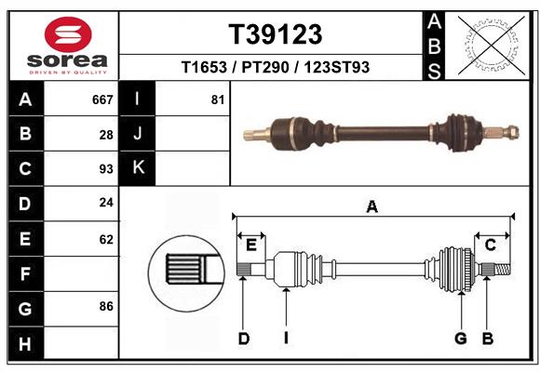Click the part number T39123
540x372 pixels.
pos(276,34)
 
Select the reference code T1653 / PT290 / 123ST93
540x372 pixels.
pos(276,67)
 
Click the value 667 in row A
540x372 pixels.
pos(102,100)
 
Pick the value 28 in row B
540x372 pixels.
pos(106,135)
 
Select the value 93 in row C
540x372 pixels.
pos(106,169)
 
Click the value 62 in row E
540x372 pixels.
pos(106,239)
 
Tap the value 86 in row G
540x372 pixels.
pos(106,305)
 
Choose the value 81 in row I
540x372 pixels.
pos(218,100)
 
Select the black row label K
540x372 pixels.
pos(138,168)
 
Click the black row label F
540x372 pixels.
pos(25,274)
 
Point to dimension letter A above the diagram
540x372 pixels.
pos(372,207)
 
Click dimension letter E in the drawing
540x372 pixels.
pos(251,245)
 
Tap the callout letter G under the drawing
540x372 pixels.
pos(460,339)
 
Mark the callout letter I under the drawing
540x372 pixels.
pos(287,339)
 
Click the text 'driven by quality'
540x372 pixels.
pos(68,71)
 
